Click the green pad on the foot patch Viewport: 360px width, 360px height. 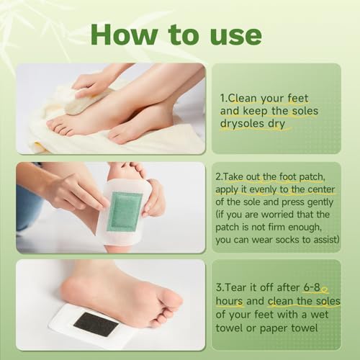click(x=124, y=211)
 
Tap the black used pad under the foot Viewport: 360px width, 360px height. click(x=96, y=324)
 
